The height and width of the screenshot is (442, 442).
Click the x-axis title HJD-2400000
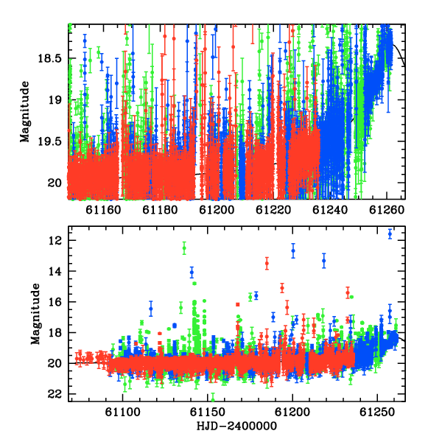pyautogui.click(x=236, y=426)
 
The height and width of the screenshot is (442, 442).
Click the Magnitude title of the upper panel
pyautogui.click(x=25, y=112)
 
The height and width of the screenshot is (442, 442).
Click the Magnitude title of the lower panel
pyautogui.click(x=35, y=314)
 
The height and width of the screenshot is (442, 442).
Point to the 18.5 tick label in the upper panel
pyautogui.click(x=49, y=59)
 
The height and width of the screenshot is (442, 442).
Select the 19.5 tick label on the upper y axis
pyautogui.click(x=49, y=141)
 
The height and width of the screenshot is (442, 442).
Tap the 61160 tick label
pyautogui.click(x=103, y=210)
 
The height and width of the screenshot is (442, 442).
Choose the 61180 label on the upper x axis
pyautogui.click(x=160, y=210)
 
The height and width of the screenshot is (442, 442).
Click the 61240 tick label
pyautogui.click(x=330, y=210)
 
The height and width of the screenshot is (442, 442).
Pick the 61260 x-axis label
pyautogui.click(x=387, y=210)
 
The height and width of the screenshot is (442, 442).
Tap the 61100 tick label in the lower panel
pyautogui.click(x=122, y=412)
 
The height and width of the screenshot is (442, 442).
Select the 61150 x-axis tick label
pyautogui.click(x=208, y=412)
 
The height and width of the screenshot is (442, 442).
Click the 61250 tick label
pyautogui.click(x=377, y=412)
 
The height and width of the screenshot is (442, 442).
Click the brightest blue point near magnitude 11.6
pyautogui.click(x=390, y=234)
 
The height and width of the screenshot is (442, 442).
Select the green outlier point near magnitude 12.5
pyautogui.click(x=184, y=248)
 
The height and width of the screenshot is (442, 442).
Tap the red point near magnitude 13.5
pyautogui.click(x=267, y=264)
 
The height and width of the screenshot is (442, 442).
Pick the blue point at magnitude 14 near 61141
pyautogui.click(x=192, y=273)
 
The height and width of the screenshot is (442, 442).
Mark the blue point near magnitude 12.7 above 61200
pyautogui.click(x=293, y=250)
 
